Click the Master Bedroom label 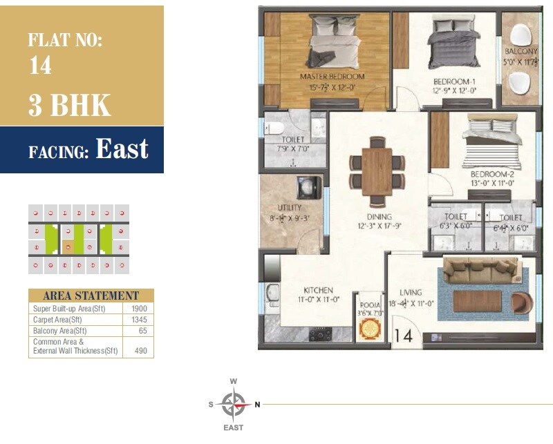(x=332, y=77)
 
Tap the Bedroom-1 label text (x=454, y=81)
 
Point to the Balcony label (x=521, y=52)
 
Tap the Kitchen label (x=318, y=291)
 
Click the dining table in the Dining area (x=377, y=168)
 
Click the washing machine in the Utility (x=306, y=187)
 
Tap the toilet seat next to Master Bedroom (x=274, y=128)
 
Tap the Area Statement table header (x=91, y=296)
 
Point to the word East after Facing (x=122, y=149)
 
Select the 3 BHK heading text (x=69, y=106)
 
